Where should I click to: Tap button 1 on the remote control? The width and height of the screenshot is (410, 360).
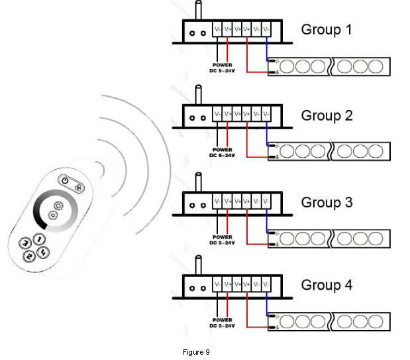pyautogui.click(x=40, y=239)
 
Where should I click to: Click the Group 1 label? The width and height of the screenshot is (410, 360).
pyautogui.click(x=327, y=30)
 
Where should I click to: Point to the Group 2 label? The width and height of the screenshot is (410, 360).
pyautogui.click(x=327, y=115)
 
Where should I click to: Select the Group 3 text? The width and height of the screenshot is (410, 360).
pyautogui.click(x=327, y=202)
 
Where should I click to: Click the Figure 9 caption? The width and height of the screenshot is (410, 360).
pyautogui.click(x=196, y=352)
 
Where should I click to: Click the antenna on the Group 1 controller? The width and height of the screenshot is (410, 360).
pyautogui.click(x=197, y=10)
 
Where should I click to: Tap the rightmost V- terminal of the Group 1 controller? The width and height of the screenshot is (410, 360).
pyautogui.click(x=266, y=30)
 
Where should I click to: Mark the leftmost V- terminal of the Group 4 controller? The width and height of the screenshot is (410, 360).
pyautogui.click(x=217, y=285)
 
